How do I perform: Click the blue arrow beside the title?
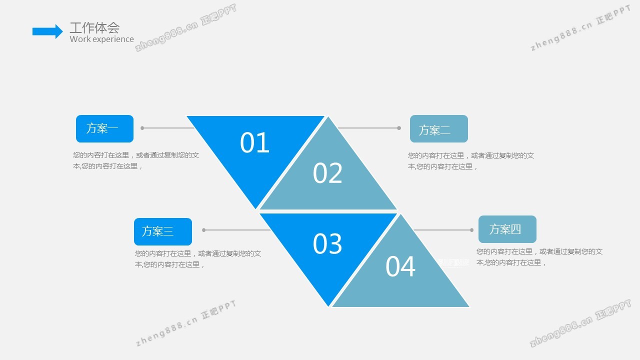click(x=47, y=31)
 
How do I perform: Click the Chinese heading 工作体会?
click(x=94, y=28)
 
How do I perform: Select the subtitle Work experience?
click(x=101, y=39)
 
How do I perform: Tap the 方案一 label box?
click(x=104, y=128)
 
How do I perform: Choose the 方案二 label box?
click(x=438, y=129)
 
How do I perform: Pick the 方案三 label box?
click(x=162, y=231)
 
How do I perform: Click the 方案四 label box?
click(x=507, y=229)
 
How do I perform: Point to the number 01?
click(x=254, y=143)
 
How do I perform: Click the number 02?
click(x=327, y=173)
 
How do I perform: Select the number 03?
click(x=327, y=244)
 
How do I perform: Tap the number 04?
click(x=400, y=266)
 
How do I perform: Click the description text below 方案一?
click(x=136, y=160)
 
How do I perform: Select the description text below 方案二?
click(x=471, y=161)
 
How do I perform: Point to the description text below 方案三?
click(x=198, y=259)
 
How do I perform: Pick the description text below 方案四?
click(x=539, y=257)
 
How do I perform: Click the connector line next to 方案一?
click(x=168, y=128)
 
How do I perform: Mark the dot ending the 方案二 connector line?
click(x=399, y=128)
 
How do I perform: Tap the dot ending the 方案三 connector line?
click(x=204, y=230)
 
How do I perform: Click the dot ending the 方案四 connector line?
click(x=471, y=230)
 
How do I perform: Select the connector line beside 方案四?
click(x=442, y=230)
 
